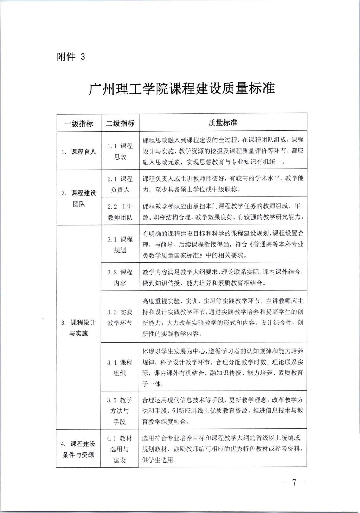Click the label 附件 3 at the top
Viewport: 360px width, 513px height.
pos(71,57)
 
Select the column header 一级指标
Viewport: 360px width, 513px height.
pos(79,123)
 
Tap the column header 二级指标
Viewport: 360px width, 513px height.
pos(120,123)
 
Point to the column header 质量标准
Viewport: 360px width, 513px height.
pos(223,123)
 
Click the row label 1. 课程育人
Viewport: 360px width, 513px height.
pos(79,152)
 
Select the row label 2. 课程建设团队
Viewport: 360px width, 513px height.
pos(79,198)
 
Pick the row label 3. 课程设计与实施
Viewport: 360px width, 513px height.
pos(78,328)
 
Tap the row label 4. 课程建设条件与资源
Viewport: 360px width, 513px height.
pos(78,449)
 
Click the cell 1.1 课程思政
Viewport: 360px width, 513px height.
pos(120,152)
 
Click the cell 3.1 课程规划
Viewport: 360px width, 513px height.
pos(120,245)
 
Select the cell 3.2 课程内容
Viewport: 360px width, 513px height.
pos(120,278)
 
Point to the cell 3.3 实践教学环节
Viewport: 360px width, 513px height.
pos(120,317)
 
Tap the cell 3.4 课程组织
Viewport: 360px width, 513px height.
pos(120,368)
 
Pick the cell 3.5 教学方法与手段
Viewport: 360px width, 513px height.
pos(120,411)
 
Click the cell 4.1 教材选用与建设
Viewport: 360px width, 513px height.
pos(120,449)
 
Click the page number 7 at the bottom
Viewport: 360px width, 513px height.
pos(295,482)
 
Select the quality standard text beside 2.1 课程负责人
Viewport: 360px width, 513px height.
pos(223,184)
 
